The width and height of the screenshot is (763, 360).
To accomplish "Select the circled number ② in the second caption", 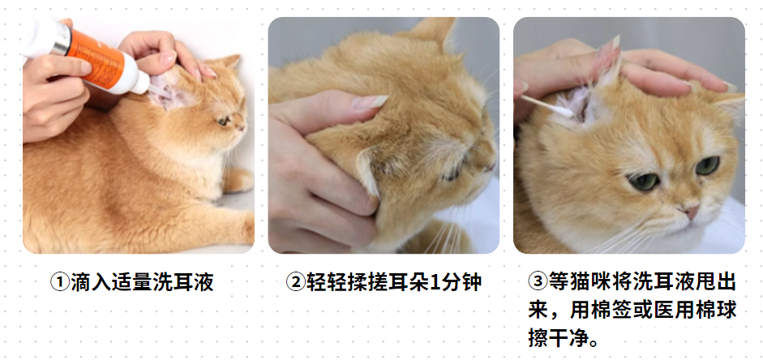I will click(295, 282).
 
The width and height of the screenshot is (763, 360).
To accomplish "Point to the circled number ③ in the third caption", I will click(538, 282).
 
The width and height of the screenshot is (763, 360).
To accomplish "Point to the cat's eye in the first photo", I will click(223, 121).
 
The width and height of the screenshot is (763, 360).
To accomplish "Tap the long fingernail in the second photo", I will click(372, 102).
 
